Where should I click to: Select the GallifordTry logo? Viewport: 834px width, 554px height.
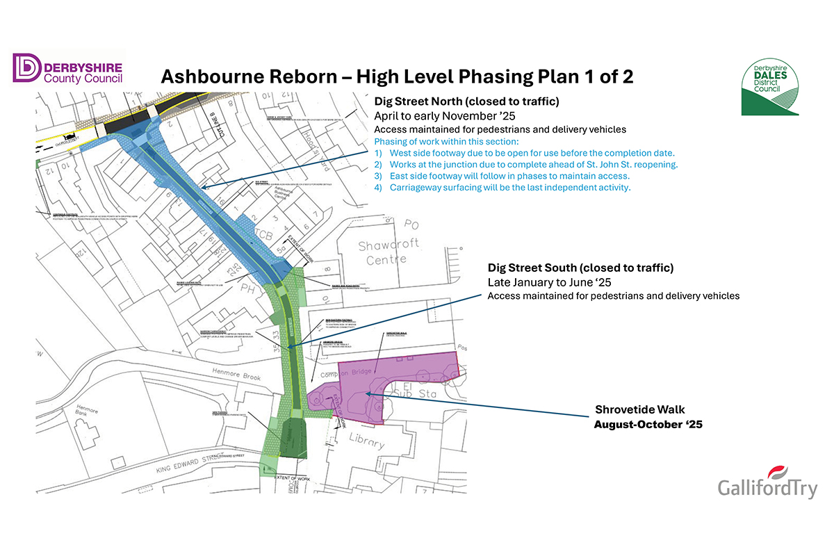click(x=767, y=484)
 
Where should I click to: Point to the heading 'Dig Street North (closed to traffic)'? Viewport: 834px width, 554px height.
click(x=467, y=102)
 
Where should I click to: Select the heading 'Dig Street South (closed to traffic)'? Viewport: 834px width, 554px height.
click(x=580, y=268)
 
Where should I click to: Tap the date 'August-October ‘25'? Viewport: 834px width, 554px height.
click(x=648, y=424)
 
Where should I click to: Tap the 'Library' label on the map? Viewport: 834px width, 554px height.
click(x=366, y=442)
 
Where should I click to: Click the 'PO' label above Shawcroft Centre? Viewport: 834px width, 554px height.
click(x=411, y=225)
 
